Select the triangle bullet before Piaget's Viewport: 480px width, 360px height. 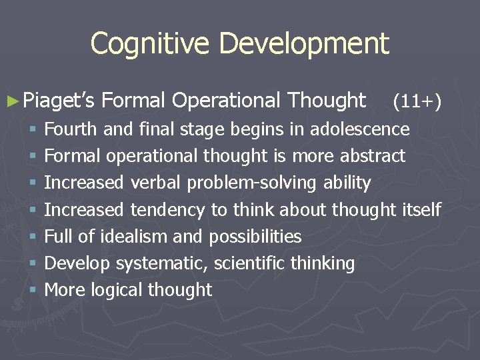[13, 101]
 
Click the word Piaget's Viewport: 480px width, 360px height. [59, 101]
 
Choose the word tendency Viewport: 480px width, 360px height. [167, 210]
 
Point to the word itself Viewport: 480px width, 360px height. [422, 210]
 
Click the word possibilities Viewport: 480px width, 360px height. [255, 237]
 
